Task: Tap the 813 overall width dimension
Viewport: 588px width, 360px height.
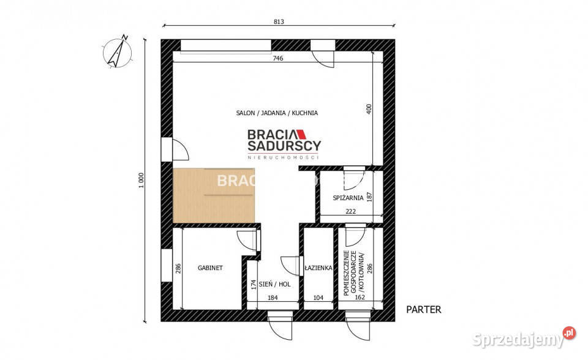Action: [280, 22]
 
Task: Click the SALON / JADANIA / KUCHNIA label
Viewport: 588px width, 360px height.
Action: [277, 113]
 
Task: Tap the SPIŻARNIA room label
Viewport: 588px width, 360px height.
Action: [349, 198]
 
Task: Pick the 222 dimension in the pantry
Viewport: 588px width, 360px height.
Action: [351, 211]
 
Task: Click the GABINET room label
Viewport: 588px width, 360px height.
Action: [209, 268]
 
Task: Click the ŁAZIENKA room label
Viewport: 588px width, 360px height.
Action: [318, 268]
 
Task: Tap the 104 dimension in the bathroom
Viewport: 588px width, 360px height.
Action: [318, 298]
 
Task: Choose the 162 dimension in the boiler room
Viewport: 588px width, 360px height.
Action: [360, 298]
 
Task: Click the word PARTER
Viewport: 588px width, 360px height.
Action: [423, 310]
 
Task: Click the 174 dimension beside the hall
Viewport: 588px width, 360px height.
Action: [252, 285]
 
